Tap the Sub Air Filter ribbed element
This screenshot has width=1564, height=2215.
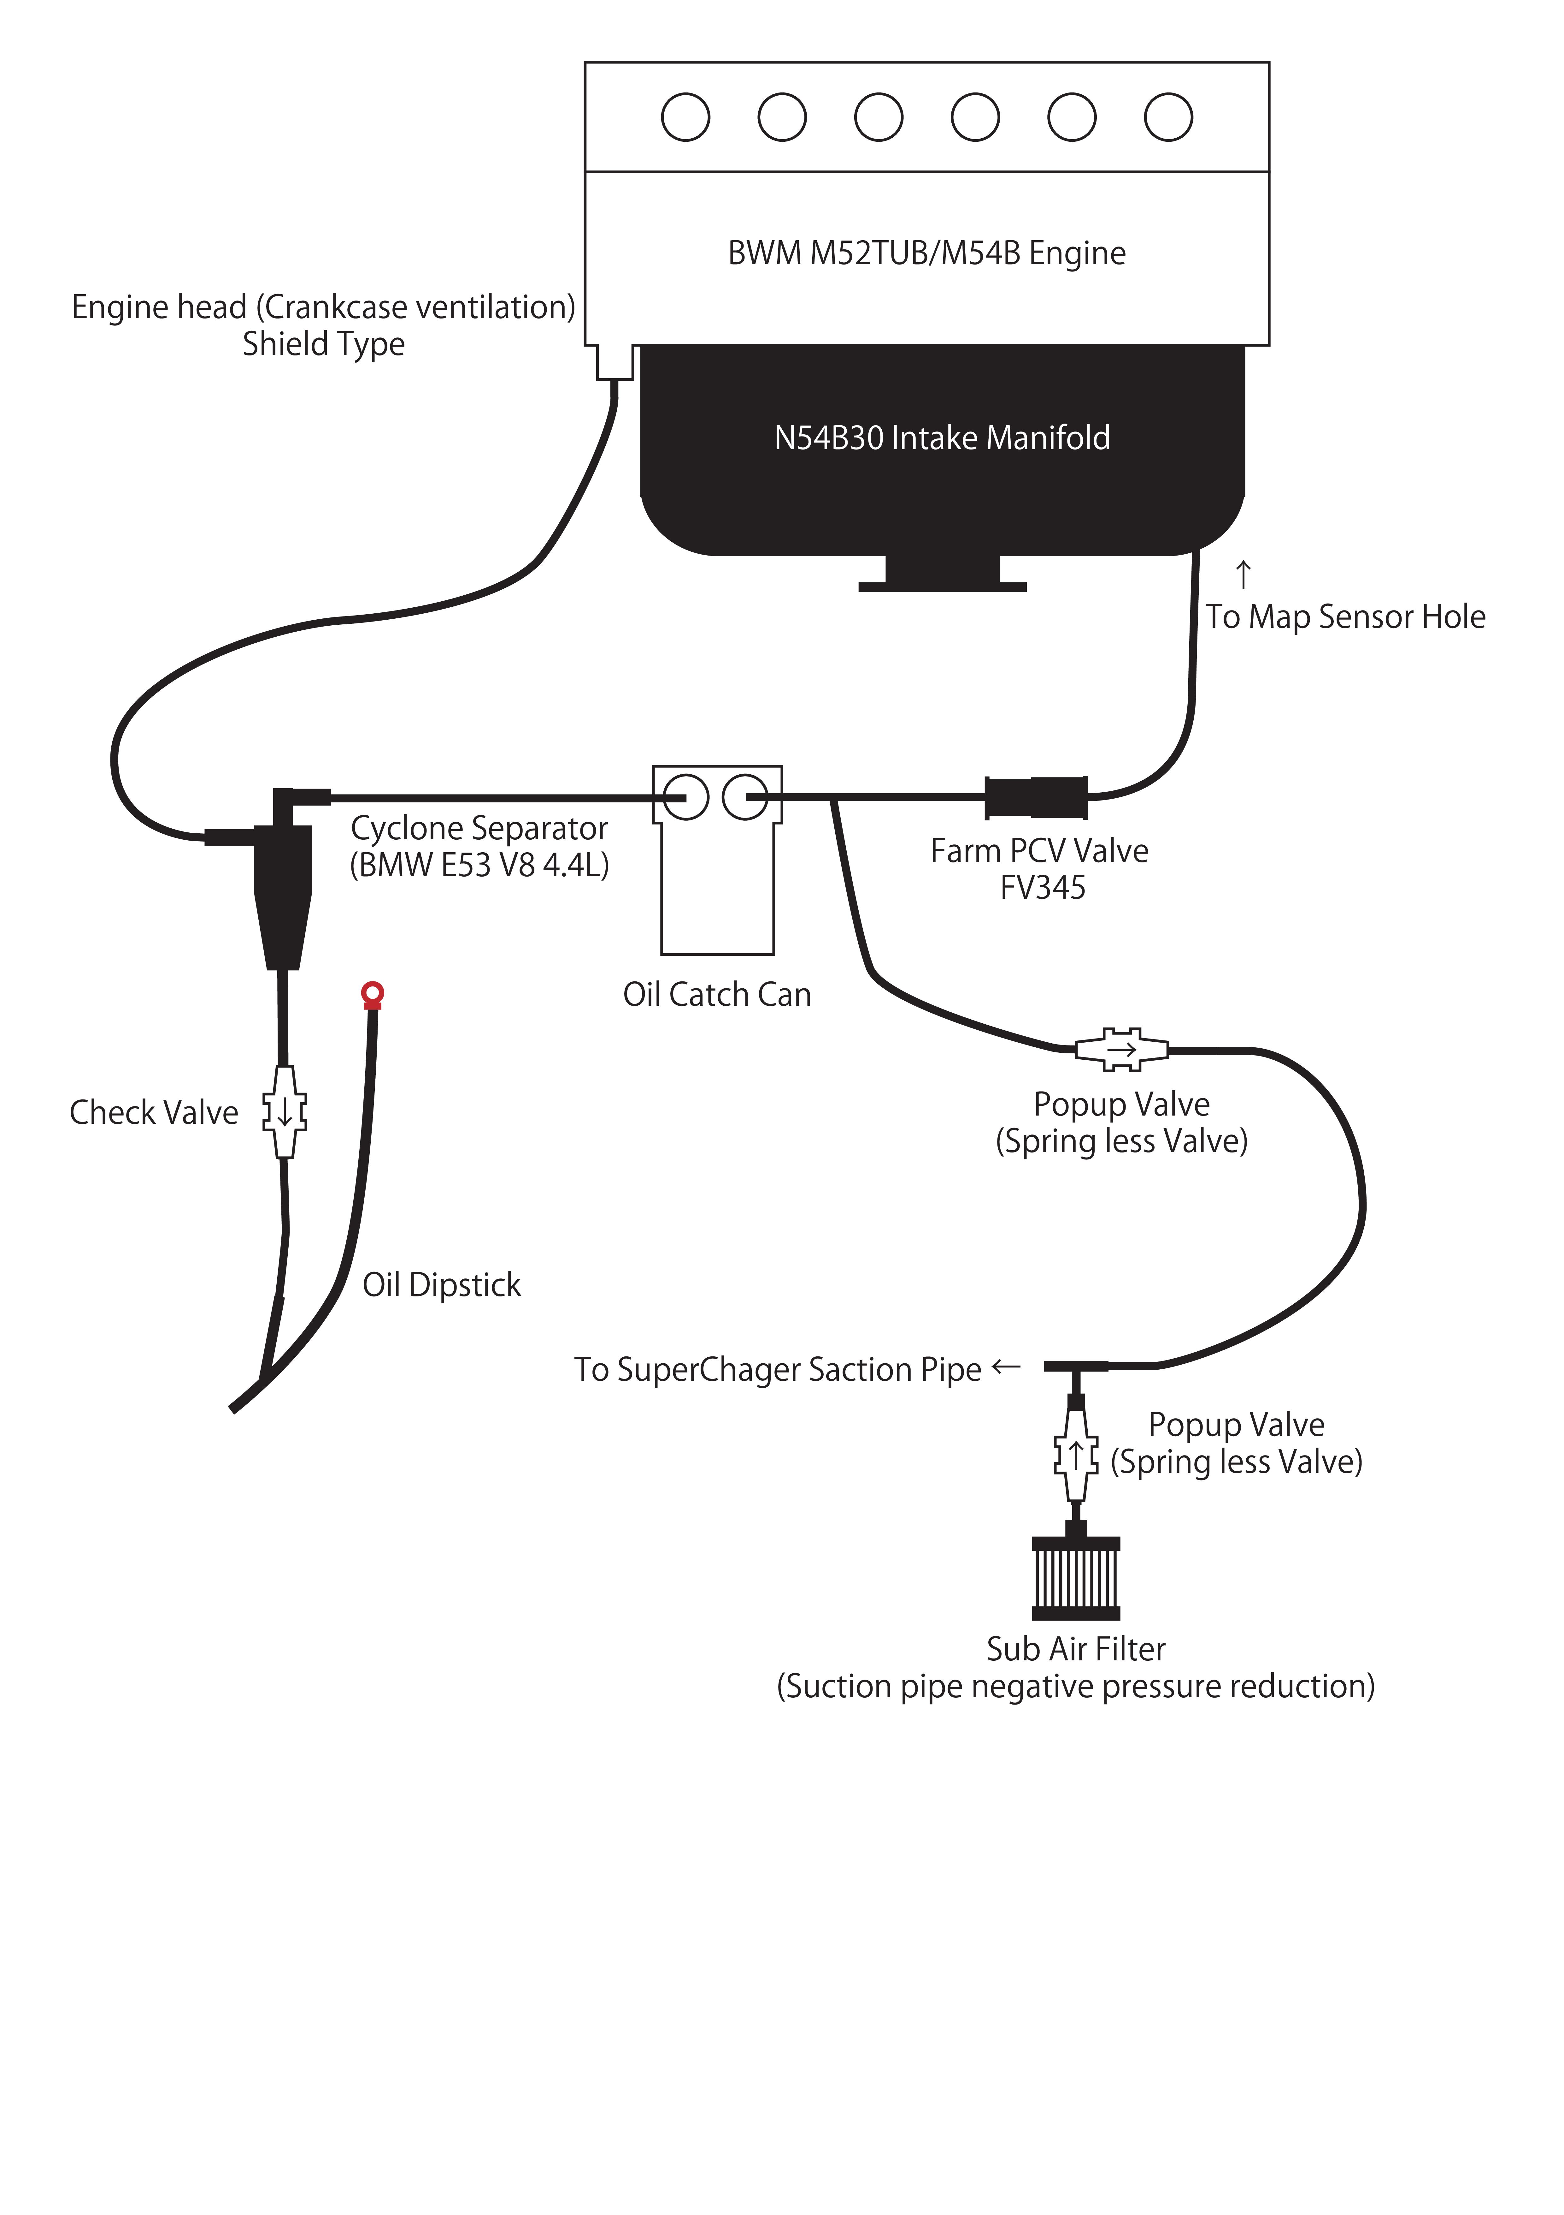pyautogui.click(x=1076, y=1578)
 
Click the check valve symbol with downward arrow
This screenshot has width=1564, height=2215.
pyautogui.click(x=285, y=1111)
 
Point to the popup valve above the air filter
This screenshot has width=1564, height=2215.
pyautogui.click(x=1076, y=1455)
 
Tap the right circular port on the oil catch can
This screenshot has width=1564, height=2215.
pyautogui.click(x=745, y=797)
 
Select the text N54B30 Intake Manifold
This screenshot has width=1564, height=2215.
pyautogui.click(x=942, y=438)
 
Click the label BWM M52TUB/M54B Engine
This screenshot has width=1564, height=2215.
pyautogui.click(x=927, y=253)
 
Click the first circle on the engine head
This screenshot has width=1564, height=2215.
pyautogui.click(x=685, y=117)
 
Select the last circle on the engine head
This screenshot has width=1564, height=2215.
pyautogui.click(x=1169, y=117)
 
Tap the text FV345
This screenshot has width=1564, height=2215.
pyautogui.click(x=1042, y=888)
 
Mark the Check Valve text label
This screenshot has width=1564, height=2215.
pyautogui.click(x=154, y=1112)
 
